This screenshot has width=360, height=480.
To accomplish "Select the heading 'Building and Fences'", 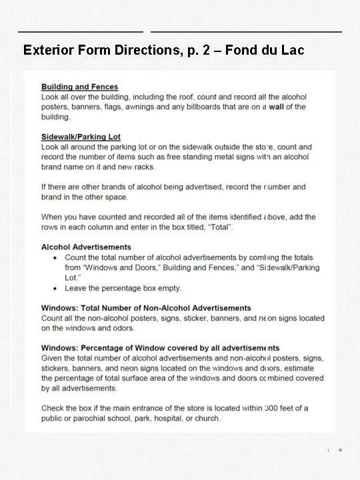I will (x=79, y=87).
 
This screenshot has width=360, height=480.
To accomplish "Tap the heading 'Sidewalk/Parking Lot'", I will (x=81, y=137).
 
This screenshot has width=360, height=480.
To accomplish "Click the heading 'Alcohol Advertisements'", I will (x=86, y=247).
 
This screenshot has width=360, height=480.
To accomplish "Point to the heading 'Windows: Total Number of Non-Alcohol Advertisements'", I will (x=146, y=308).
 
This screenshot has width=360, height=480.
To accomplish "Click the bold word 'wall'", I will (x=277, y=107).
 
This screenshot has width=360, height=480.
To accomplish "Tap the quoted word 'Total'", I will (x=217, y=227).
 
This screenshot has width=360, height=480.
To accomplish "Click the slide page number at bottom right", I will (x=340, y=451).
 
